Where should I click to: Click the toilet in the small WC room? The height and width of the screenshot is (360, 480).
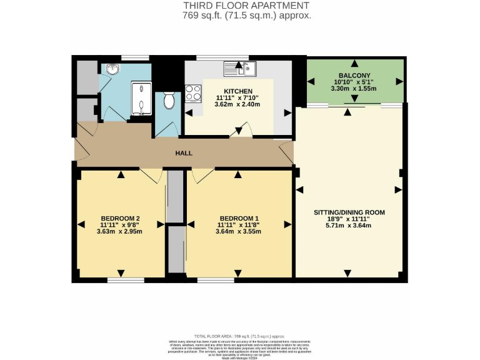pyautogui.click(x=167, y=101)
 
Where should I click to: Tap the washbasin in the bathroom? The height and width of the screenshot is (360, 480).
pyautogui.click(x=112, y=69)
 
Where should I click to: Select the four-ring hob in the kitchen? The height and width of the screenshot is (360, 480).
pyautogui.click(x=193, y=92)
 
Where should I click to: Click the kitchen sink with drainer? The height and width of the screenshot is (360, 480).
pyautogui.click(x=241, y=65)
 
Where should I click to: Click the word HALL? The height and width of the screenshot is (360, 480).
pyautogui.click(x=184, y=153)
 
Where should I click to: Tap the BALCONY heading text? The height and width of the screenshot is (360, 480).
pyautogui.click(x=354, y=75)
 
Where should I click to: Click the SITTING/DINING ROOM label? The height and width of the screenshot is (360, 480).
pyautogui.click(x=349, y=212)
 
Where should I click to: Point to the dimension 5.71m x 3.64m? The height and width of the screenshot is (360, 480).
pyautogui.click(x=349, y=226)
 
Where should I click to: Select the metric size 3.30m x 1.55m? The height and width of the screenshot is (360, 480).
pyautogui.click(x=354, y=89)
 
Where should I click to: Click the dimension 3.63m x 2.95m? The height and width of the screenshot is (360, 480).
pyautogui.click(x=119, y=231)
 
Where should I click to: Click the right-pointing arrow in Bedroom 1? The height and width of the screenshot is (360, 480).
pyautogui.click(x=287, y=224)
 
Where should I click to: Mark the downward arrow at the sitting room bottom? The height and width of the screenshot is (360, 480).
pyautogui.click(x=347, y=272)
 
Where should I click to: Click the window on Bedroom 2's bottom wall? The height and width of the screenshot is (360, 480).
pyautogui.click(x=125, y=280)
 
